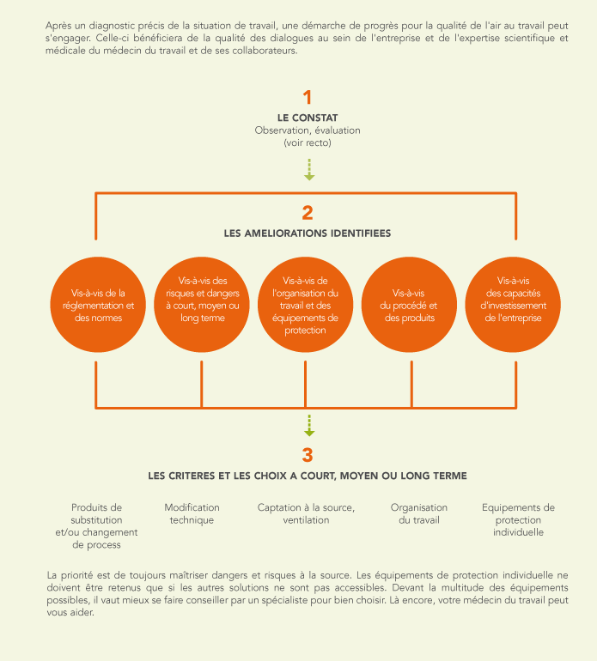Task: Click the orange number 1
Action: [x=308, y=97]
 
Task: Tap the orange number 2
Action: [x=308, y=213]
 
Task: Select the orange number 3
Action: [x=308, y=455]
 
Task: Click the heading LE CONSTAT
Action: [x=308, y=118]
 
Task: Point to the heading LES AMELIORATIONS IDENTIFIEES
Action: [x=308, y=233]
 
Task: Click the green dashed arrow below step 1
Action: [x=309, y=170]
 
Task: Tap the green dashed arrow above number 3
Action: [x=309, y=426]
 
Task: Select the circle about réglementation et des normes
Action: [x=98, y=305]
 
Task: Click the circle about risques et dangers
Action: [x=202, y=305]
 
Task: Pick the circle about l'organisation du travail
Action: [x=306, y=305]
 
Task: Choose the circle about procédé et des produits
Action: [x=409, y=305]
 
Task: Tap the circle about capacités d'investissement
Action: [x=513, y=305]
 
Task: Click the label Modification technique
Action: [x=192, y=513]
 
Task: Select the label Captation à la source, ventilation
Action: [x=307, y=513]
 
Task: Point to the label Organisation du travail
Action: [x=419, y=513]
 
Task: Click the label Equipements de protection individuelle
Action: [x=518, y=519]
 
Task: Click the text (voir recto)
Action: [x=308, y=143]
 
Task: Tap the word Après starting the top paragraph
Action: [x=58, y=26]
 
